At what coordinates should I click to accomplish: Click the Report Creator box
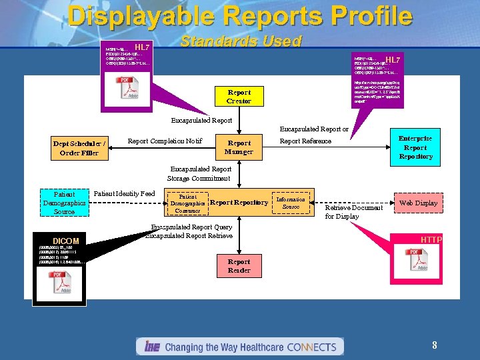click(239, 96)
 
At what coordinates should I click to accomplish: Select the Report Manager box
click(239, 147)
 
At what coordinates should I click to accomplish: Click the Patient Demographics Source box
click(64, 203)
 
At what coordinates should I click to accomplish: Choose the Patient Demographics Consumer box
click(187, 203)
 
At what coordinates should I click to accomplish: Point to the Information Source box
click(291, 203)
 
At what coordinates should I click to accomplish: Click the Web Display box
click(418, 203)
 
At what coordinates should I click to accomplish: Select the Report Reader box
click(239, 265)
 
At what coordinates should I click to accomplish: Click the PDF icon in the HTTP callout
click(415, 261)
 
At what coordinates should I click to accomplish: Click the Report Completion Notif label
click(165, 141)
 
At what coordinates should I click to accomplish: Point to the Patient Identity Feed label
click(124, 193)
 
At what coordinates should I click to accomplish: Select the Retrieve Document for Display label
click(353, 212)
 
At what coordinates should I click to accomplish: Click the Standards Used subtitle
click(241, 41)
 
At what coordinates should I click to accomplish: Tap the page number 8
click(434, 345)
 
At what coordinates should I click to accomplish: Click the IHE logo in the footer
click(150, 347)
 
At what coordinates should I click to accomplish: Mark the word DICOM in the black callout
click(66, 241)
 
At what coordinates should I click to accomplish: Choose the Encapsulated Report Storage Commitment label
click(201, 173)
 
